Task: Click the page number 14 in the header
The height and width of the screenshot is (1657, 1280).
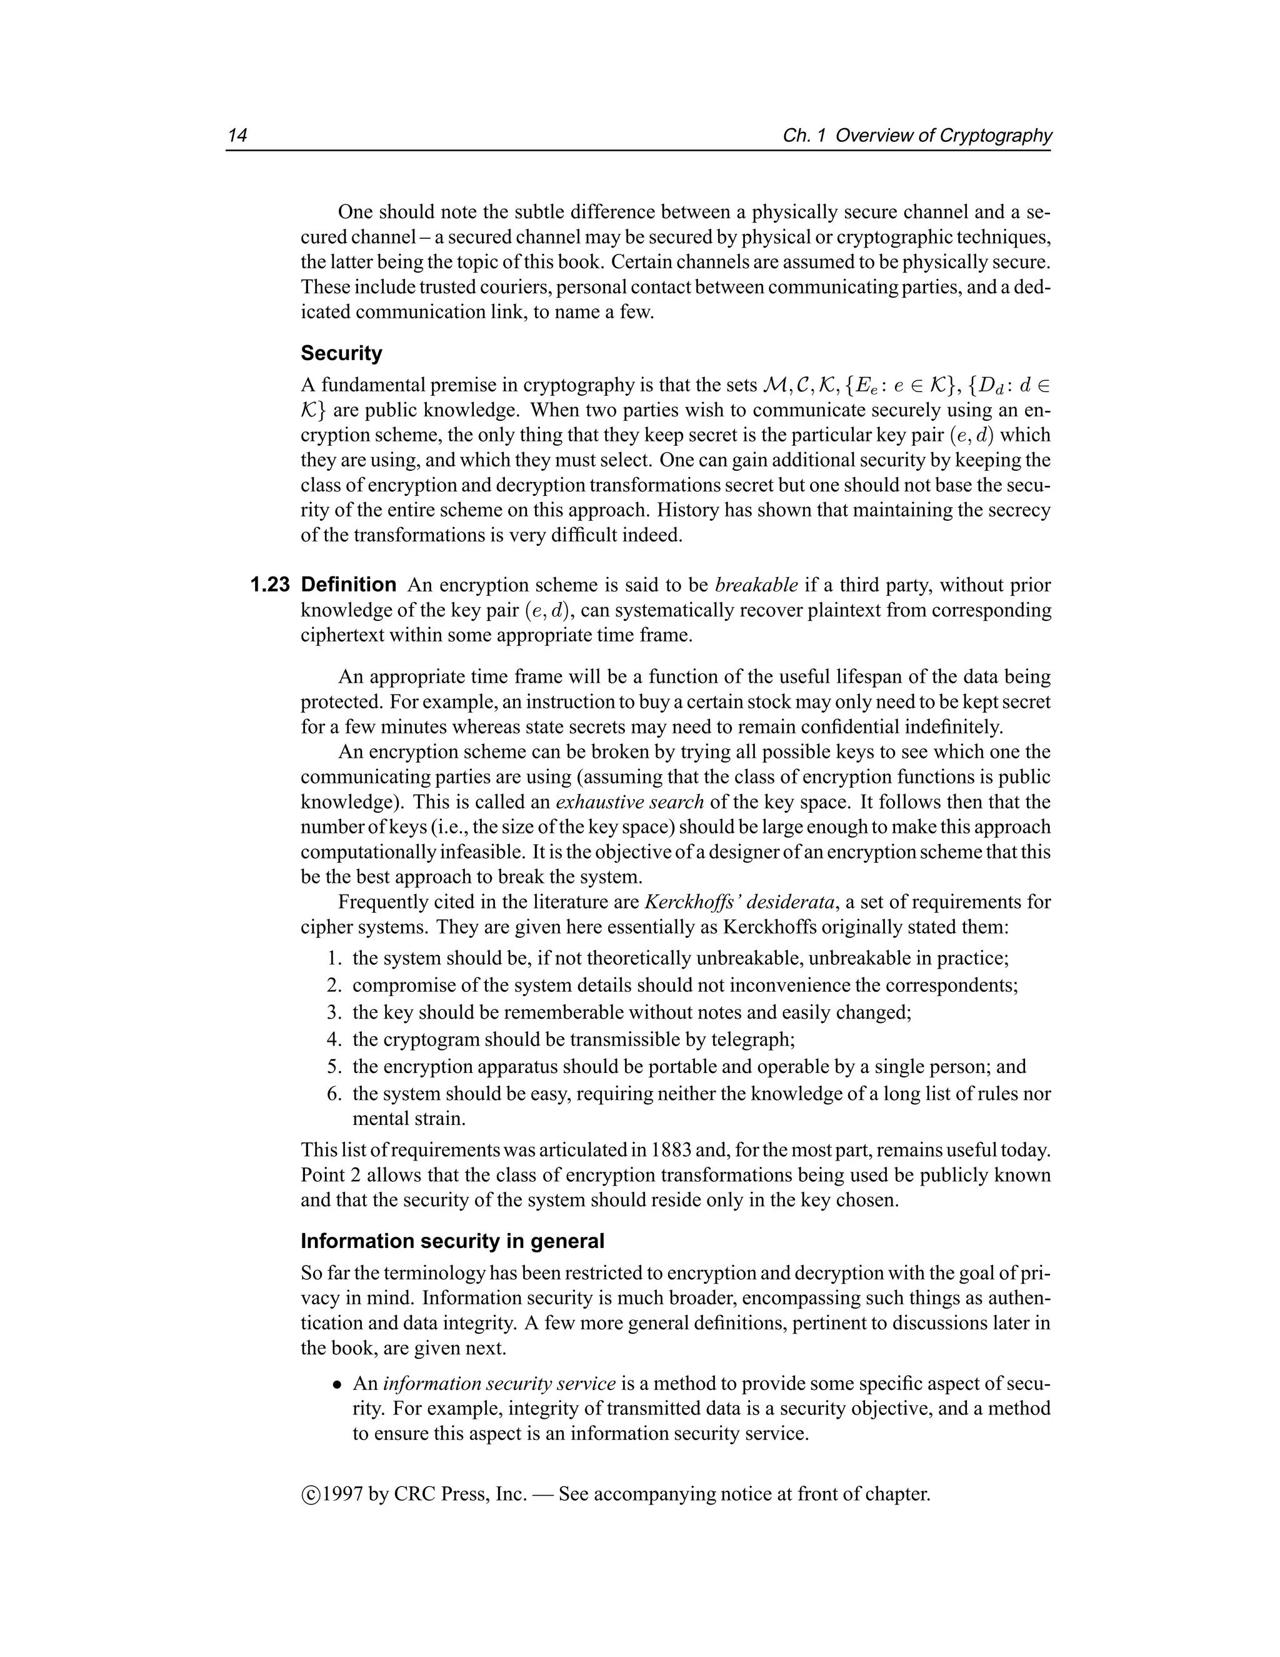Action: coord(237,136)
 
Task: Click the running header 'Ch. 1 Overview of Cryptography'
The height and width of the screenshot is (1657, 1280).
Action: coord(917,136)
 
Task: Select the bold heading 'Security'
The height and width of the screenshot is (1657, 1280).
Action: coord(341,353)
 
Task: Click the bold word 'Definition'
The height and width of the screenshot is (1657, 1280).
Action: coord(349,585)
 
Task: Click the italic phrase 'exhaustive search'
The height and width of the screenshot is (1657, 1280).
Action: coord(630,803)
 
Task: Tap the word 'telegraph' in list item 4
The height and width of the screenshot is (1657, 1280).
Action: coord(751,1040)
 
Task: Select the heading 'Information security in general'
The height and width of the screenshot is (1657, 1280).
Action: coord(452,1242)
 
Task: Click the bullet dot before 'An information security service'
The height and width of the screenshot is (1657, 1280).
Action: coord(337,1384)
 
